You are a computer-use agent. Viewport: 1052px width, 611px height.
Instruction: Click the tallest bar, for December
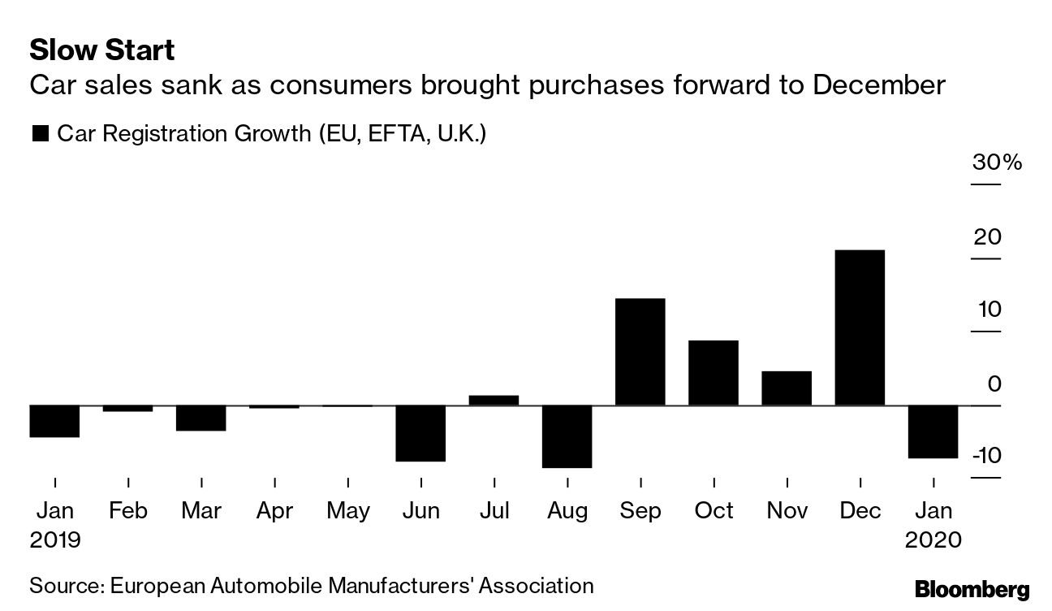click(860, 327)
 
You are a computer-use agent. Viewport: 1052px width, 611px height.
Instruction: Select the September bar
click(640, 352)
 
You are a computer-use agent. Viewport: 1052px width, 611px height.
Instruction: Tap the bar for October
click(714, 373)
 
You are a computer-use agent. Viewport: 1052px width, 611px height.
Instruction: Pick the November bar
click(787, 388)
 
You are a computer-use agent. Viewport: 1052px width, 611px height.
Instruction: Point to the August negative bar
click(567, 436)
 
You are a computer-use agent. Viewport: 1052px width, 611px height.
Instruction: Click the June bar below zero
click(420, 433)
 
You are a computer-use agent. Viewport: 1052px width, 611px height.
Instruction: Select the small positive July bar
click(494, 400)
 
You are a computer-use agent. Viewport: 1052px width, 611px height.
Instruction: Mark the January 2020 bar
click(933, 431)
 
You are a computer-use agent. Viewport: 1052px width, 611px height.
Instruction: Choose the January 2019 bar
click(54, 421)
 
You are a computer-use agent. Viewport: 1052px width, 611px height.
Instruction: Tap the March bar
click(200, 418)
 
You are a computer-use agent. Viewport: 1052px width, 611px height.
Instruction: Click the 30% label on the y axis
click(997, 162)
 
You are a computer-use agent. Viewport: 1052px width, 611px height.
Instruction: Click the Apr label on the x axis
click(274, 510)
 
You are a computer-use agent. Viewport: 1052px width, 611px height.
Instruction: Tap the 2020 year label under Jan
click(933, 539)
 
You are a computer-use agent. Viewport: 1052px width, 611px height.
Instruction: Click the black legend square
click(40, 134)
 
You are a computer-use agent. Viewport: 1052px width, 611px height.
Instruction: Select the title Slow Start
click(101, 50)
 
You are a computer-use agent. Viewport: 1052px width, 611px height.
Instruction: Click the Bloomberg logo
click(972, 588)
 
